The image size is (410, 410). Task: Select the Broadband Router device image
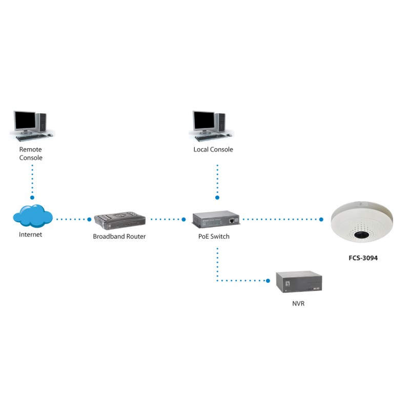point(120,221)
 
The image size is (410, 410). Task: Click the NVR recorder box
point(298,282)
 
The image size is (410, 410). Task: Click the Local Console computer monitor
point(203,121)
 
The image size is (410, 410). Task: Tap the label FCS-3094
point(359,258)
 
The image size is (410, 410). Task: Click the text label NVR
point(298,304)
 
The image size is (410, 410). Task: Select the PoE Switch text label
point(214,236)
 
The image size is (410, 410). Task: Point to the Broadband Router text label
point(119,236)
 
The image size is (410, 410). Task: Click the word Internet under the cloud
point(31,235)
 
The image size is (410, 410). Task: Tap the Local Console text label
point(213,150)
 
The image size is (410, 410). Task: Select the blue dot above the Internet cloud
point(32,197)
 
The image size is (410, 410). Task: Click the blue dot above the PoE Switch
point(217,197)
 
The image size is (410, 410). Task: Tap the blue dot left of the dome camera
point(321,219)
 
